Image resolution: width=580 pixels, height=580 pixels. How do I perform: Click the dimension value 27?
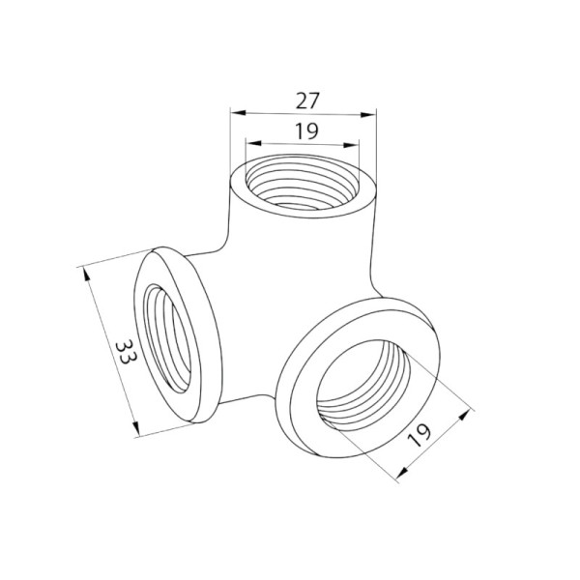point(307,101)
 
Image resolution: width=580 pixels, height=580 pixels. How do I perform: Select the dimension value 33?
point(126,352)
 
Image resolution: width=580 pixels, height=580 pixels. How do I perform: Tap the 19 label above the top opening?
point(306,130)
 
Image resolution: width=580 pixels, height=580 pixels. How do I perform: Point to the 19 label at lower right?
point(420,435)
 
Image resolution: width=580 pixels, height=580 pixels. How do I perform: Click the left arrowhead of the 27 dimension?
point(238,113)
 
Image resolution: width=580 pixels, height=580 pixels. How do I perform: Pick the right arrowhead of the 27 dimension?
point(367,115)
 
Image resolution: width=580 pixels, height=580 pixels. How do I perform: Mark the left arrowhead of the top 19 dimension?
point(253,143)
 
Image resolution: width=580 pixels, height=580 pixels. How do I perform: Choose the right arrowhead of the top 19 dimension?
point(351,145)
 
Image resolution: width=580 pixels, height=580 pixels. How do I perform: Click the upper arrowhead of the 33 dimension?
point(86,275)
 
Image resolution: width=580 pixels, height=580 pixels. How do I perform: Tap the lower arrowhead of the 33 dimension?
point(136,428)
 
